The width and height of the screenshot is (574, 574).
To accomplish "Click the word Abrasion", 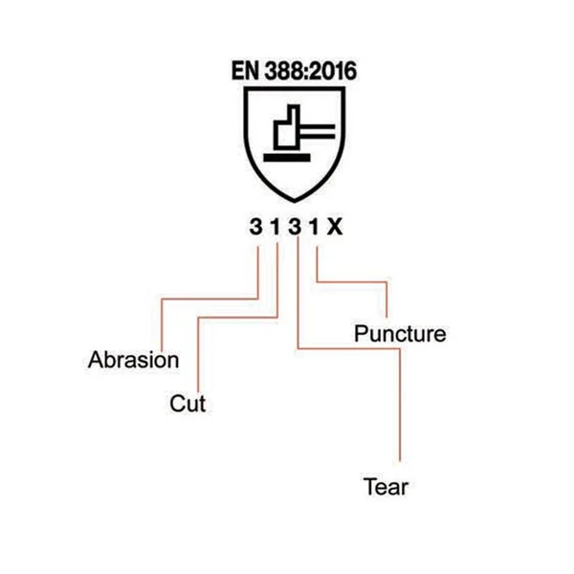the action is pos(133,360).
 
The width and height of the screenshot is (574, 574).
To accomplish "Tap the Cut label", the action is pos(188,404).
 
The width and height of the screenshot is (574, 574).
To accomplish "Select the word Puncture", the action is pos(400,334).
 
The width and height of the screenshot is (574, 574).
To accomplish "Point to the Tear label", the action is pos(386,487).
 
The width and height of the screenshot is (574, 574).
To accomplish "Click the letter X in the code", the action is pos(335,227).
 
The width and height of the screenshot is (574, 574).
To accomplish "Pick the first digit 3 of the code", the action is pos(255,227).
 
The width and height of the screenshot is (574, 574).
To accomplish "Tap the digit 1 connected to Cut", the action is pos(276,227).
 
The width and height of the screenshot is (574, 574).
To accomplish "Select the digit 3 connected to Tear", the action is pos(295,227).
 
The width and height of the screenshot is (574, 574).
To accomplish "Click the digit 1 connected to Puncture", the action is pos(314,227).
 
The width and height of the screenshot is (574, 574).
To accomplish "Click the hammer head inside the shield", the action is pos(287,127).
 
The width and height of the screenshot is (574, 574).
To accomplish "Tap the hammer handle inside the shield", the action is pos(318,132).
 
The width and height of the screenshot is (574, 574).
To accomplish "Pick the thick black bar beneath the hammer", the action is pos(287,158).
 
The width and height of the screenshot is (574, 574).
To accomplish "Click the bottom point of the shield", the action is pos(295,202).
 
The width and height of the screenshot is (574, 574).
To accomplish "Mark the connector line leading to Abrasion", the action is pos(210,299).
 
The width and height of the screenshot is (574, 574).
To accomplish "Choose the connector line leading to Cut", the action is pos(238,318).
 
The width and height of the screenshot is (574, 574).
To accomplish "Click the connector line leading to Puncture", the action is pos(351,282).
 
